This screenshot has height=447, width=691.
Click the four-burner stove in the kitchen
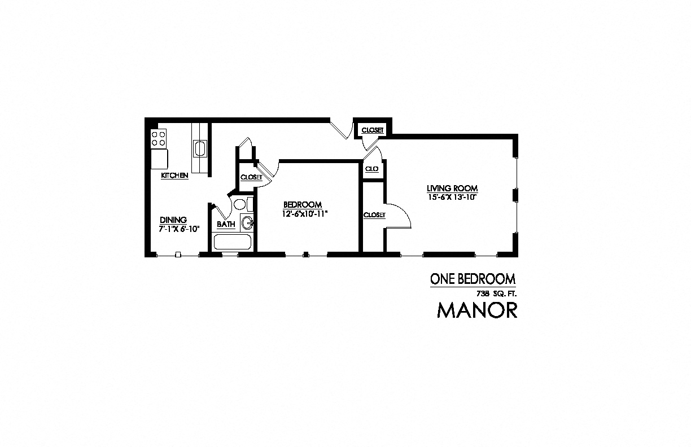click(x=159, y=138)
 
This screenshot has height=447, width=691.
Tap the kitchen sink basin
click(x=200, y=149)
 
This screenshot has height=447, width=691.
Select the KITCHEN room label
click(x=174, y=176)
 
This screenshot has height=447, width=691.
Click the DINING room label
click(x=173, y=220)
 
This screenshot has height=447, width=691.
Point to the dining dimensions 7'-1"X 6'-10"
click(x=180, y=229)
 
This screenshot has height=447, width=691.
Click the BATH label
click(x=226, y=225)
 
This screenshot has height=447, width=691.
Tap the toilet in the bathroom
click(x=239, y=204)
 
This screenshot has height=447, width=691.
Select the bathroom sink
click(x=247, y=224)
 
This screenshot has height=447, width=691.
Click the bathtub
click(x=233, y=243)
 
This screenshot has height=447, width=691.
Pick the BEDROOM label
click(x=303, y=204)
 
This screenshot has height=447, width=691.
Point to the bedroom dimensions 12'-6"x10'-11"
click(x=305, y=214)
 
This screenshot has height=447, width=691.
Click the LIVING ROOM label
click(x=452, y=188)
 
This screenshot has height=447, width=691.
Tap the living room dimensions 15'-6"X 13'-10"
click(x=452, y=197)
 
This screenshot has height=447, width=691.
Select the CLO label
click(x=371, y=169)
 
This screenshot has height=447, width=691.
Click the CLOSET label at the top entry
click(x=372, y=130)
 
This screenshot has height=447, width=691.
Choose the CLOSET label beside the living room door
click(x=374, y=215)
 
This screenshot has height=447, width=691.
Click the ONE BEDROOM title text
click(x=473, y=279)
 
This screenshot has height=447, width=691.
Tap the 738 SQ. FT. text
click(x=497, y=293)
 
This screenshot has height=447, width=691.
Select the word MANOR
click(x=477, y=311)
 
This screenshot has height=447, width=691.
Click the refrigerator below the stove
click(x=159, y=157)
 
